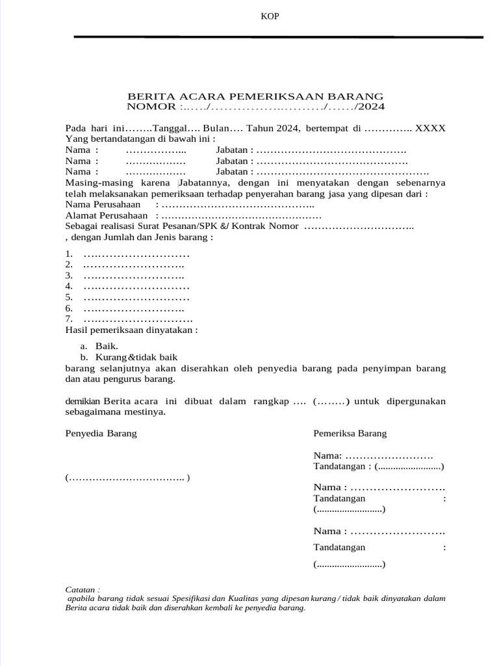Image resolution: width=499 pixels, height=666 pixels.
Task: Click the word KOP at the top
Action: (x=270, y=16)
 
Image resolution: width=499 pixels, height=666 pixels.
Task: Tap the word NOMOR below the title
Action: (x=151, y=106)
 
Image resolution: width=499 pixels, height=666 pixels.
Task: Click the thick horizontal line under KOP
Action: (x=279, y=37)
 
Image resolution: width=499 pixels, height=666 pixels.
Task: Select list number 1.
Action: (x=69, y=253)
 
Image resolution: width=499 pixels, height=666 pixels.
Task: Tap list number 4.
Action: (x=69, y=286)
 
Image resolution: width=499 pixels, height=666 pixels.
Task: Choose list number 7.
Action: (x=69, y=319)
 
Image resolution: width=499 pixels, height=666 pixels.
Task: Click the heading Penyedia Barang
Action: (x=101, y=433)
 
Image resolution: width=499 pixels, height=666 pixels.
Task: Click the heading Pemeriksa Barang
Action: (x=350, y=433)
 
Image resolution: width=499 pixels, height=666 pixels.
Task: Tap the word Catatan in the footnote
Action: (x=81, y=589)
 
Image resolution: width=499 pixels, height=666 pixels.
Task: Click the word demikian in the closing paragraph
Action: (x=83, y=401)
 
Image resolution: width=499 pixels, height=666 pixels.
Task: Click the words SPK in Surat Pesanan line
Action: (x=212, y=226)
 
